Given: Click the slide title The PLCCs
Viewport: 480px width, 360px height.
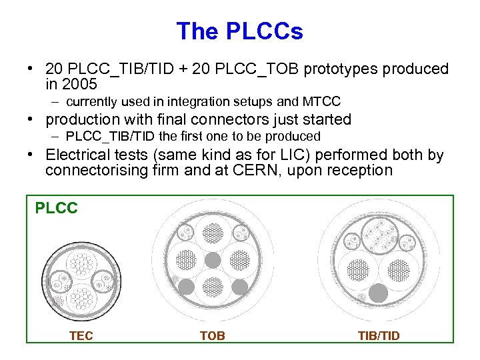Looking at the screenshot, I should coord(239,31).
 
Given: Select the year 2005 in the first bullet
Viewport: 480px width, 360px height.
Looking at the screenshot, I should coord(80,85).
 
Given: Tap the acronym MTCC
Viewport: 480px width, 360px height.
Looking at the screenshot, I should coord(321,102).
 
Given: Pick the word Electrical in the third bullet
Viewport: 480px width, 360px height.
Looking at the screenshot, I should coord(76,155).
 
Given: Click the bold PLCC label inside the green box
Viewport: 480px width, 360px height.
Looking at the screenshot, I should coord(57,209).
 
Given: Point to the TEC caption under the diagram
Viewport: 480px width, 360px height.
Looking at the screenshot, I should coord(81,336).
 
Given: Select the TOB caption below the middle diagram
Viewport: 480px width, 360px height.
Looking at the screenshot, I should coord(213,336).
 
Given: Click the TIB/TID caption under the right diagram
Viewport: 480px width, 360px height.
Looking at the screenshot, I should coord(378,336).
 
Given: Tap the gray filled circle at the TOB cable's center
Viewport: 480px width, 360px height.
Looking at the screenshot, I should coord(212,259).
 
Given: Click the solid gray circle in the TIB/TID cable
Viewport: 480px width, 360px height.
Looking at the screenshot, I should coord(378,293).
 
